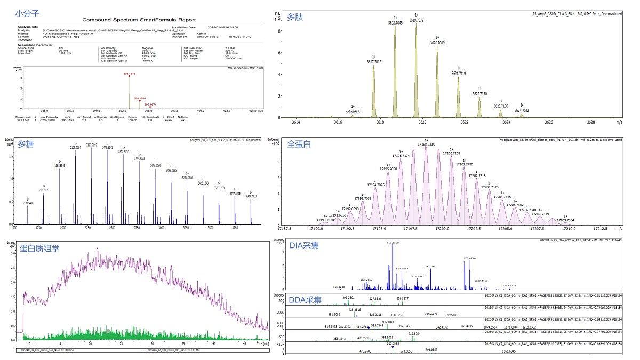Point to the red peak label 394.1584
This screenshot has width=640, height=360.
coord(140,99)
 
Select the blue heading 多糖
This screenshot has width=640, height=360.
coord(26,144)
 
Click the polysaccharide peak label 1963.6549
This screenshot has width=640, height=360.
coord(60,166)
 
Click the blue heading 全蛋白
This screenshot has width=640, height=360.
coord(300,144)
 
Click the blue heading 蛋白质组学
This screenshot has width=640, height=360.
coord(39,248)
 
